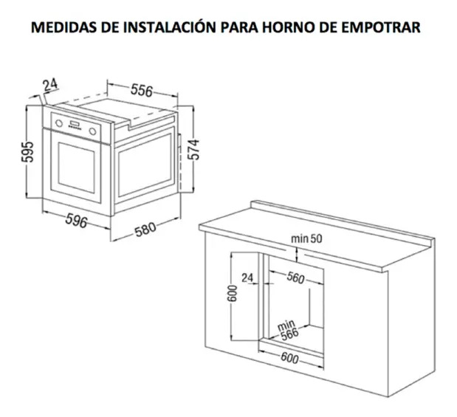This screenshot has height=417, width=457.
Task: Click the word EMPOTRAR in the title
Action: click(x=380, y=27)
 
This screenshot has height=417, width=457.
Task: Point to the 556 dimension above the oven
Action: click(x=142, y=90)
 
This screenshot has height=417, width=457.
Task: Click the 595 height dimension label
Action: click(x=28, y=152)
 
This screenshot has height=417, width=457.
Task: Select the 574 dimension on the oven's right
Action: click(x=193, y=150)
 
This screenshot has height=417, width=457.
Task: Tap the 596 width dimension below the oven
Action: click(x=76, y=220)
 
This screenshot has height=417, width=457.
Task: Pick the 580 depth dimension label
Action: click(x=145, y=230)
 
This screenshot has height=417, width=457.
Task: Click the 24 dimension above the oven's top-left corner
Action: click(x=50, y=85)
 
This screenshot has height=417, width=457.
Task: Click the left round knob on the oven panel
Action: click(x=59, y=123)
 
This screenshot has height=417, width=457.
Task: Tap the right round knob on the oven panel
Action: click(x=93, y=131)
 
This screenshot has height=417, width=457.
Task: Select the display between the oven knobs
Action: click(x=75, y=123)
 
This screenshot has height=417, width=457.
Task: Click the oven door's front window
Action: click(x=76, y=168)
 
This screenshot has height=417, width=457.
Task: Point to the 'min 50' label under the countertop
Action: click(x=306, y=239)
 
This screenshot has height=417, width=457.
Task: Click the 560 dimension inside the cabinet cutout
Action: click(x=295, y=278)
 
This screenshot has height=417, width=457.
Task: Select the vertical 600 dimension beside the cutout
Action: click(x=233, y=293)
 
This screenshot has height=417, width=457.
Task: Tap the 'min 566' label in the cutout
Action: click(x=288, y=330)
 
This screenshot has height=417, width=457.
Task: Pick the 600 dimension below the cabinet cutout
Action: click(x=289, y=358)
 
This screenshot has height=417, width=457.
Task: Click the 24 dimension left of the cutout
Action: click(x=247, y=278)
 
